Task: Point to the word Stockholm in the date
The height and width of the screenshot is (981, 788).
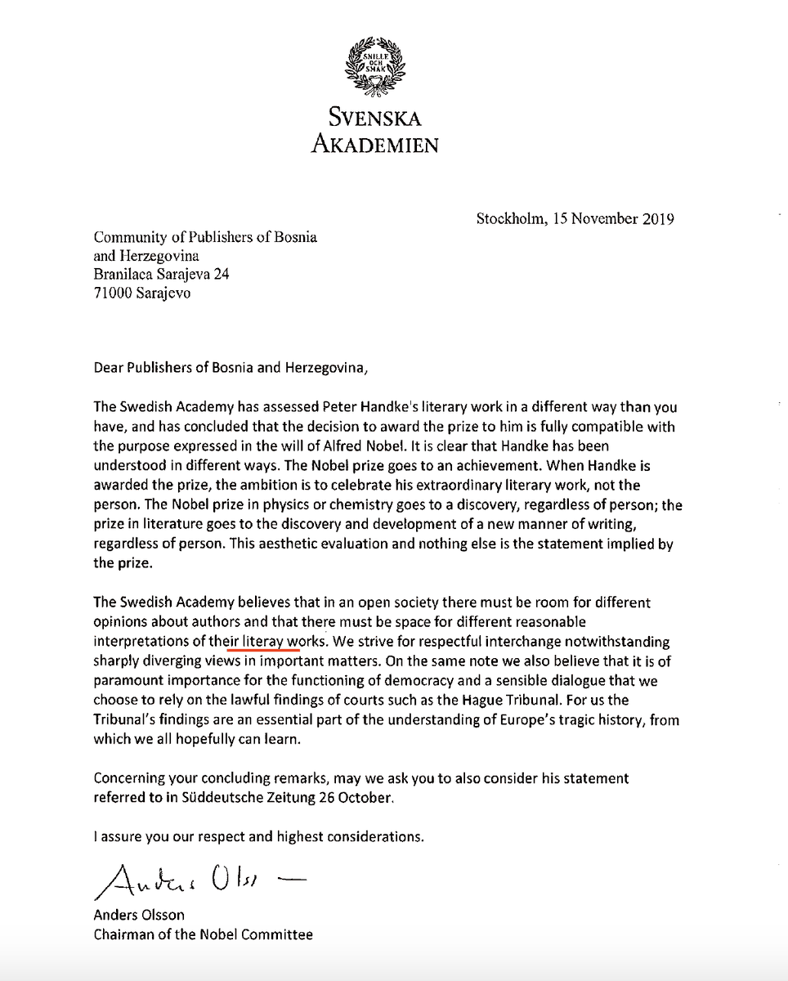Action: point(508,219)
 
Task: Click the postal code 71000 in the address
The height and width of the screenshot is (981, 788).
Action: point(114,293)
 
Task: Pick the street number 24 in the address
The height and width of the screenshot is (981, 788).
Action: point(222,275)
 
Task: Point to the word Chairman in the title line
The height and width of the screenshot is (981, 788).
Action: point(123,934)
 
